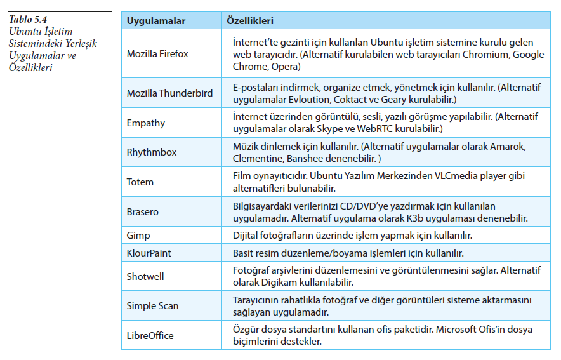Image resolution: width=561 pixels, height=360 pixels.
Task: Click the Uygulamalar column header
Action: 156,21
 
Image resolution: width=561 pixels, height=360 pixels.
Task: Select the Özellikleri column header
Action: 251,21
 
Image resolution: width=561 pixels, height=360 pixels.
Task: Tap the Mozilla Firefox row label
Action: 157,54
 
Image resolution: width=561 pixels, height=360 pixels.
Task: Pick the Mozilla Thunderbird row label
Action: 169,93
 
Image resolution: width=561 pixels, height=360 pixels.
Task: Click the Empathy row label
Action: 146,123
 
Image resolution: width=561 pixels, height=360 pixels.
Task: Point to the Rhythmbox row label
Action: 152,152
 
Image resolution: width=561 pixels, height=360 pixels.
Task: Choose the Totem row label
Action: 140,182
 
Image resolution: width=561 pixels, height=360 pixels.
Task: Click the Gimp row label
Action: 138,235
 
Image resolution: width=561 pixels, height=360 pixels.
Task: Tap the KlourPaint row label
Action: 149,253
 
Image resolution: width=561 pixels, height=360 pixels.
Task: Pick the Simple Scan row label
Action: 153,305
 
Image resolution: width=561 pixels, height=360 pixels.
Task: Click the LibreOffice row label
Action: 150,335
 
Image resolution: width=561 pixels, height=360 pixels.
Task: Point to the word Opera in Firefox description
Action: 284,66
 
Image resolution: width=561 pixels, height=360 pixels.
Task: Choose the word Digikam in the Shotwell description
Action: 282,282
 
